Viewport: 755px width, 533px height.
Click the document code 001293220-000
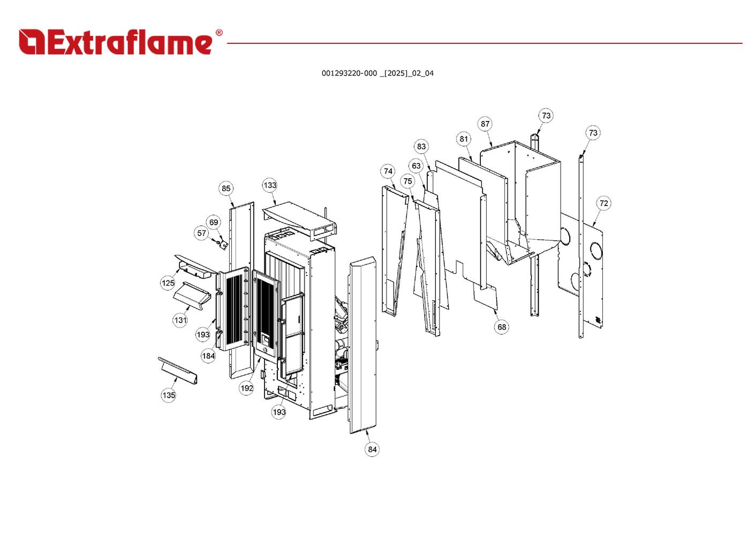point(349,73)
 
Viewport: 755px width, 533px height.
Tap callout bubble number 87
point(485,124)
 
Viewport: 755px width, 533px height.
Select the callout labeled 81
point(464,139)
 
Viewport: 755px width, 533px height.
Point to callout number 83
point(421,147)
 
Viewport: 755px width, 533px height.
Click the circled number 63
point(416,166)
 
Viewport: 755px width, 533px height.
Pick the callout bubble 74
point(388,171)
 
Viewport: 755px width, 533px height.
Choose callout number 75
point(408,181)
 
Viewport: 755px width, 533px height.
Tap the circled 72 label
point(603,203)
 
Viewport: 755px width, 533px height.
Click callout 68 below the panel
point(501,327)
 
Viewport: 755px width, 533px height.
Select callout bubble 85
point(226,188)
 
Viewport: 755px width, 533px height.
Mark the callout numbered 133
point(270,186)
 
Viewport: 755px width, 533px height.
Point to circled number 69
point(214,223)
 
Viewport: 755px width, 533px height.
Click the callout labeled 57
point(201,233)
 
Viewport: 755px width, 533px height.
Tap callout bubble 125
point(168,283)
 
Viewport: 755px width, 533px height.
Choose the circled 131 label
point(180,321)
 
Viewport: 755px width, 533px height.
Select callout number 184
point(208,356)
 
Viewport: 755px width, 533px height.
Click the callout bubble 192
point(246,389)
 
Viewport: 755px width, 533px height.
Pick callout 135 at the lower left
point(169,395)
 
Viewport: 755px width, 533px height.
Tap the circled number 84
point(372,450)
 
